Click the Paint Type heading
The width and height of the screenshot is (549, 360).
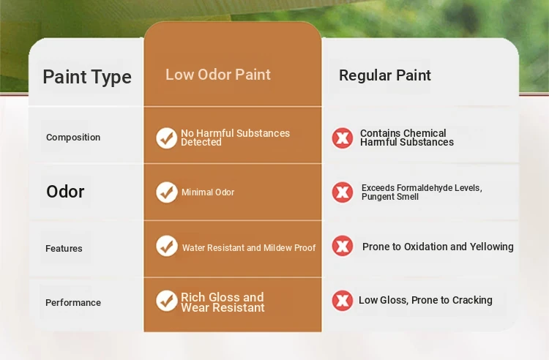point(87,77)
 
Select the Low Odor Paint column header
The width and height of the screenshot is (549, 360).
point(218,75)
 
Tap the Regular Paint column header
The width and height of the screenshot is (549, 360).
point(385,75)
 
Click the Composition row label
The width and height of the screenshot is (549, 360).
point(73,137)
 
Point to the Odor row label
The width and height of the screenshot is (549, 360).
point(65,192)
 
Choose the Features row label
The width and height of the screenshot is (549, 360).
point(64,248)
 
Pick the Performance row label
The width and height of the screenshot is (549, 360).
point(73,303)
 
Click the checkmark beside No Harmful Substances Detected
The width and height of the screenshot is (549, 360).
point(167,138)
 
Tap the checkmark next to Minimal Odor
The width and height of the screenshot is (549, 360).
point(167,192)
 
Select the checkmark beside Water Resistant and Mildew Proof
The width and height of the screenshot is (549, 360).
point(167,246)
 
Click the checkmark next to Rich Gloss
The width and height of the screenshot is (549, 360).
point(167,301)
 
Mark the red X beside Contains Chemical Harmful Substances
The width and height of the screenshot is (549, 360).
point(343,138)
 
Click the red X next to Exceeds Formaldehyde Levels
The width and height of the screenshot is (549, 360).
point(343,192)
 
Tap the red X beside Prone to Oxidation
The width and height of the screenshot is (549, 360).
point(343,246)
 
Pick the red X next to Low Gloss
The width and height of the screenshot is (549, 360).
point(343,301)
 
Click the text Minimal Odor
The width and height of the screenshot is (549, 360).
point(208,192)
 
